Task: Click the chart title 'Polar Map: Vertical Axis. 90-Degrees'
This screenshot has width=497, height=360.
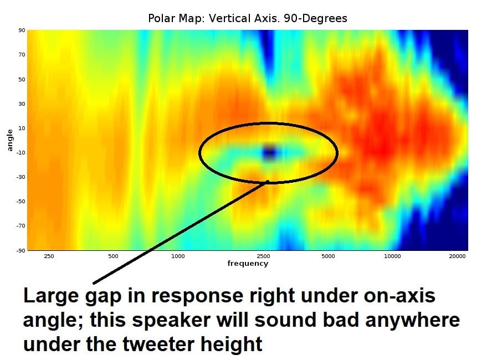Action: point(248,18)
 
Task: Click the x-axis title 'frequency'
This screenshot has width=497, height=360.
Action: point(248,264)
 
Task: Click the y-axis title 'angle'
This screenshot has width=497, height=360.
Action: point(10,140)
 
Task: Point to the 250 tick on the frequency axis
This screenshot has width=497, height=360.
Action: point(49,256)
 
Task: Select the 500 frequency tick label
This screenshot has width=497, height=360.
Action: point(113,256)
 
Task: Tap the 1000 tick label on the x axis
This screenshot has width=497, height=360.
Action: point(178,256)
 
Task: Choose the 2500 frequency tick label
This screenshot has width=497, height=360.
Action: point(263,256)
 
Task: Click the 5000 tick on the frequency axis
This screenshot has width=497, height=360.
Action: point(328,256)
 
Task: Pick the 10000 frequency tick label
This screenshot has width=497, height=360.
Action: point(392,256)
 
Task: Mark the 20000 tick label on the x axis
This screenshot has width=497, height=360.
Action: point(457,256)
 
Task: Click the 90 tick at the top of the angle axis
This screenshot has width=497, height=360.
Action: point(22,30)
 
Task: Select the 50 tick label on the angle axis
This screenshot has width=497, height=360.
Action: point(22,79)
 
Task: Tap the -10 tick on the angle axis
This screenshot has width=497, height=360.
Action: point(21,152)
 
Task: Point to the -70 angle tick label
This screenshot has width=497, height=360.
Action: point(21,225)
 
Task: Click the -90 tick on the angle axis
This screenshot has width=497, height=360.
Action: point(21,250)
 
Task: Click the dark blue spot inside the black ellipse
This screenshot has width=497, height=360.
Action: point(269,152)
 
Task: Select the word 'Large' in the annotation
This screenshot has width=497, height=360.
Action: point(51,296)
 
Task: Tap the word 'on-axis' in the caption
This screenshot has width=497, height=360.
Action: point(399,296)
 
